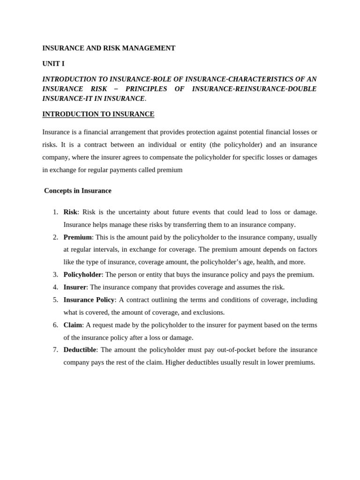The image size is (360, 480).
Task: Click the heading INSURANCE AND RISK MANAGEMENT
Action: tap(109, 48)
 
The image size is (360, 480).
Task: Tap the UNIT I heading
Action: tap(53, 64)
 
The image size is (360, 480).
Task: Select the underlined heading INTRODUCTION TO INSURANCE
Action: tap(98, 114)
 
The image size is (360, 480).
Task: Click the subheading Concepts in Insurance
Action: tap(78, 191)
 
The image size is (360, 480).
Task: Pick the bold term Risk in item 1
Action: tap(70, 212)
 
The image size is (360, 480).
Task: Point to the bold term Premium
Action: tap(77, 237)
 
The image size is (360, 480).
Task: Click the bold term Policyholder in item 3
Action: tap(82, 275)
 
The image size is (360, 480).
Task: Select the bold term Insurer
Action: tap(75, 287)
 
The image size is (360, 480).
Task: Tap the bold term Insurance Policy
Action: tap(89, 300)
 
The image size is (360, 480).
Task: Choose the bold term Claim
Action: tap(73, 325)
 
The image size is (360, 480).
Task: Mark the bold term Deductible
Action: tap(80, 350)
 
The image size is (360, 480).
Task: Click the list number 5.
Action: tap(55, 300)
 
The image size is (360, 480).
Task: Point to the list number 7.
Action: tap(55, 350)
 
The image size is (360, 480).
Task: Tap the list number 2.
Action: tap(55, 237)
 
